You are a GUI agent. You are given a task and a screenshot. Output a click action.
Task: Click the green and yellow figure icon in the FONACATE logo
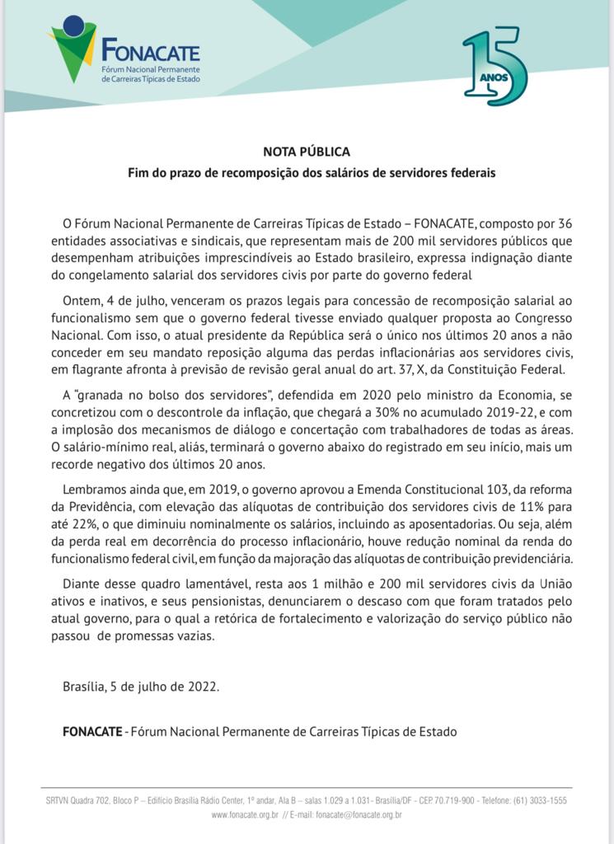click(73, 48)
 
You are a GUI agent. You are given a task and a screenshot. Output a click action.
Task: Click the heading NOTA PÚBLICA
click(307, 152)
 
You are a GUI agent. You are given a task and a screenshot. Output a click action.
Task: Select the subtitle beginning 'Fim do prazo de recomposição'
click(312, 173)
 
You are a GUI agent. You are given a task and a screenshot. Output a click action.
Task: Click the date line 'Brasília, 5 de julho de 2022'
click(141, 686)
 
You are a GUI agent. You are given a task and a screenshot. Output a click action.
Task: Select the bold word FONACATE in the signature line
click(91, 731)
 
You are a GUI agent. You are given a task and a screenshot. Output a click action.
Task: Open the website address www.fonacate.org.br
click(245, 815)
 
